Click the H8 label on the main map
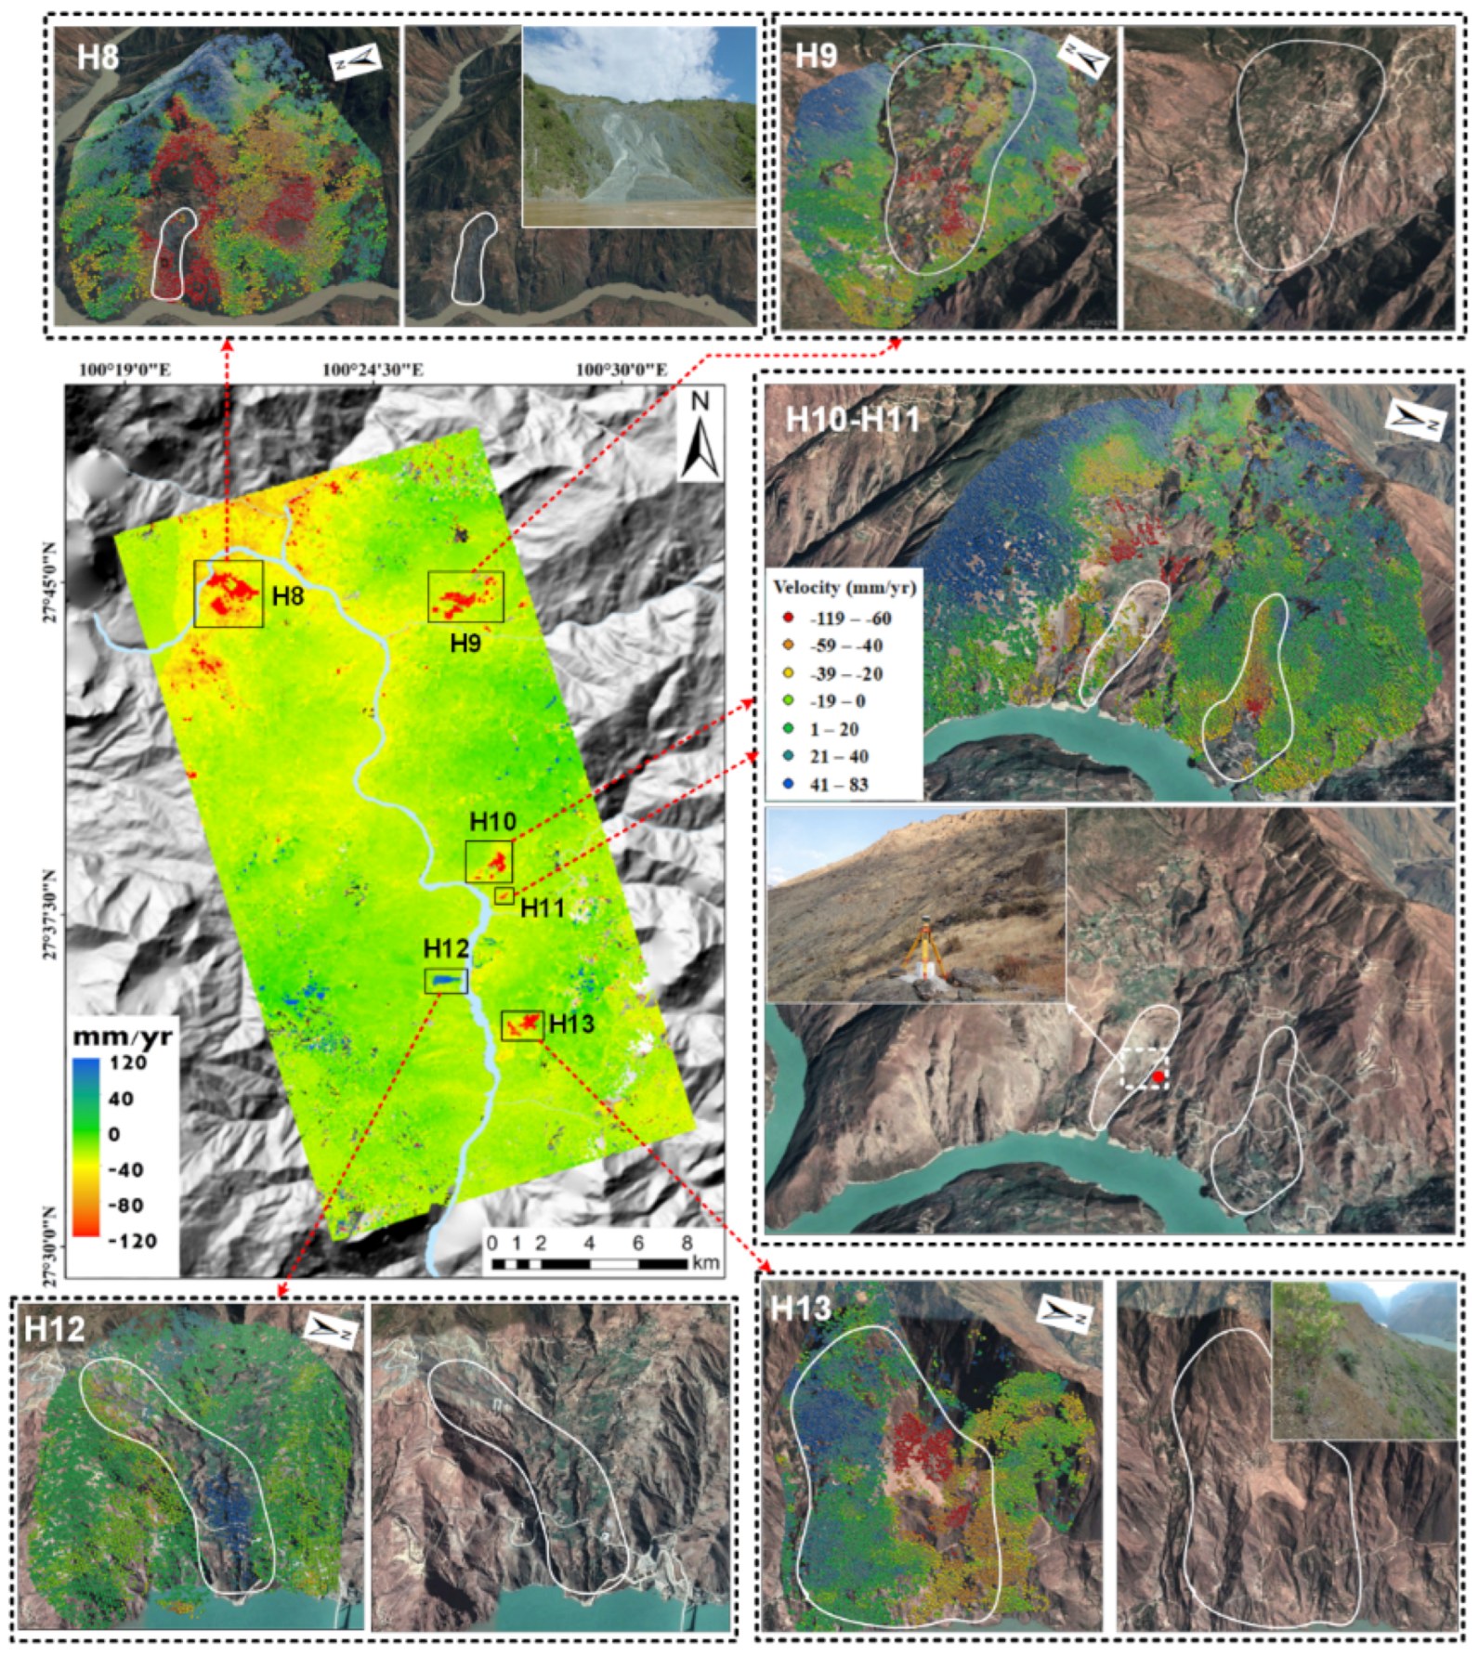pyautogui.click(x=288, y=595)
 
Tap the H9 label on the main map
pyautogui.click(x=465, y=642)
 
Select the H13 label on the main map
pyautogui.click(x=571, y=1024)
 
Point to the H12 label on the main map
pyautogui.click(x=446, y=948)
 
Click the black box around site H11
pyautogui.click(x=504, y=895)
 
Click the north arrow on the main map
pyautogui.click(x=700, y=436)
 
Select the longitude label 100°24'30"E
pyautogui.click(x=373, y=370)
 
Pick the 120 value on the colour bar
pyautogui.click(x=128, y=1063)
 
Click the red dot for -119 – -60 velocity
pyautogui.click(x=789, y=618)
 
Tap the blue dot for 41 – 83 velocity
pyautogui.click(x=789, y=784)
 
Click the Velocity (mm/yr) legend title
pyautogui.click(x=844, y=588)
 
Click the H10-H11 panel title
pyautogui.click(x=852, y=420)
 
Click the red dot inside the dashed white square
pyautogui.click(x=1158, y=1076)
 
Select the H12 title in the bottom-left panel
pyautogui.click(x=55, y=1328)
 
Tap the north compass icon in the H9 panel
pyautogui.click(x=1085, y=58)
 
